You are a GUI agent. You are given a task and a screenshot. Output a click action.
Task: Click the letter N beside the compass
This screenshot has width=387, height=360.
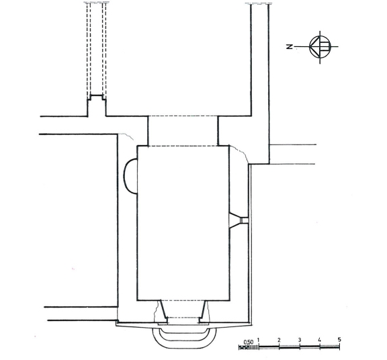tap(290, 46)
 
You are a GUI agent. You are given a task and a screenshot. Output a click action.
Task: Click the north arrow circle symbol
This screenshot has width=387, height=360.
tap(320, 46)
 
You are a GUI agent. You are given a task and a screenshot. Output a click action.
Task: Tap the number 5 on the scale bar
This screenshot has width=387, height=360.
tap(339, 340)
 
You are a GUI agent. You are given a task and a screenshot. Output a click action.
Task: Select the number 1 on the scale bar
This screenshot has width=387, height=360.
tap(259, 340)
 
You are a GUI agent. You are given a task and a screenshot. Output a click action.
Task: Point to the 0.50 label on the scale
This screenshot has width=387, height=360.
tap(249, 343)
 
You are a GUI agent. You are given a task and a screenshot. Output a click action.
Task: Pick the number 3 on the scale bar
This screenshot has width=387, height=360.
tap(300, 340)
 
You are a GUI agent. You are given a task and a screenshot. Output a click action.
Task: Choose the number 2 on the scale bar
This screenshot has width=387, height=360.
tap(279, 340)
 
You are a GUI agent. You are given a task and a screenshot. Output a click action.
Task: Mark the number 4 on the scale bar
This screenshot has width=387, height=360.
tap(319, 340)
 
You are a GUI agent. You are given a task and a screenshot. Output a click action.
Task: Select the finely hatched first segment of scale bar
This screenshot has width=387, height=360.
tap(249, 347)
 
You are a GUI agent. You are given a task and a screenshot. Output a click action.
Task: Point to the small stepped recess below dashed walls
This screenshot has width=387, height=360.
tap(97, 105)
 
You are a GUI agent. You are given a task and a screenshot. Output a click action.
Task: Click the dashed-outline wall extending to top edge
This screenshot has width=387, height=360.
tap(97, 49)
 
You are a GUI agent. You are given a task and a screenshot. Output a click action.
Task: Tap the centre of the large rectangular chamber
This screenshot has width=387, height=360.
tap(183, 223)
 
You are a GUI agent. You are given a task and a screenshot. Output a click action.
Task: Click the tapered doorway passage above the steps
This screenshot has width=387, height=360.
tap(183, 312)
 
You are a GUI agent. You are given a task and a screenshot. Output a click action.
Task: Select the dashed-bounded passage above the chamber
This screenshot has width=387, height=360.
tap(183, 131)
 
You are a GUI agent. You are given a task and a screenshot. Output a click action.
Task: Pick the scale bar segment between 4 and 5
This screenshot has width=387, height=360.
tap(329, 347)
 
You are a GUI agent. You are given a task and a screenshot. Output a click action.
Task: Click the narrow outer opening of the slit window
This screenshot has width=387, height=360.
tap(245, 220)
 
